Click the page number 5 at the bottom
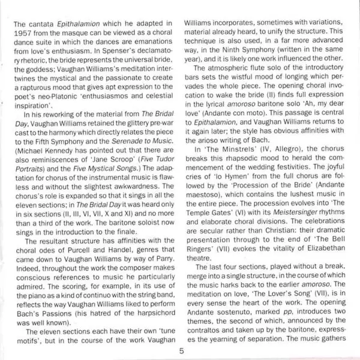(x=180, y=352)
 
